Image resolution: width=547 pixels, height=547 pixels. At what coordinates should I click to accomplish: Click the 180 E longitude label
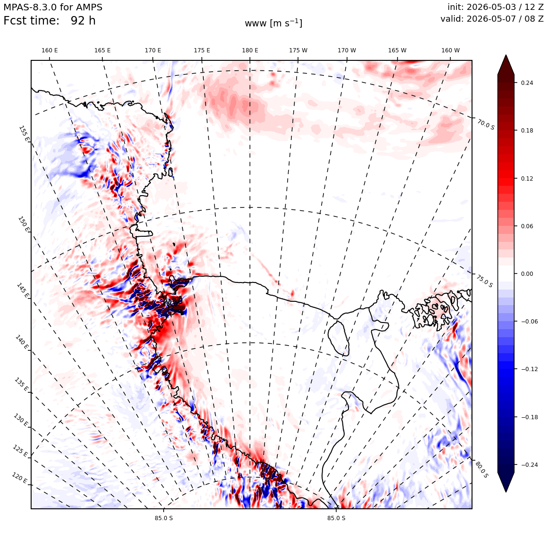[x=250, y=50]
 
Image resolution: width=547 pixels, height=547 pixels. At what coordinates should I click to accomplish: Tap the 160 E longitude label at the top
[x=50, y=50]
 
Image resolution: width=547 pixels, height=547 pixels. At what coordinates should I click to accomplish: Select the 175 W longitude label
[x=298, y=50]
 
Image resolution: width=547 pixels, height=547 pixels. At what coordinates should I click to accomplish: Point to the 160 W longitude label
[x=450, y=50]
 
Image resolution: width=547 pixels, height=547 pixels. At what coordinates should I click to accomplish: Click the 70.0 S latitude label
[x=486, y=124]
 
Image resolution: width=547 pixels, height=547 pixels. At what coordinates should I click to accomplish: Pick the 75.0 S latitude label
[x=485, y=282]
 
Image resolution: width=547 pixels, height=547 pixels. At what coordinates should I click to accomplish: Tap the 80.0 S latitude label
[x=482, y=470]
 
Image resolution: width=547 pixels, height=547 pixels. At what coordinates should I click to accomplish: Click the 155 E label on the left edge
[x=24, y=133]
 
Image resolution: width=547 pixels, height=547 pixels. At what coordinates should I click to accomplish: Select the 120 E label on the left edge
[x=19, y=478]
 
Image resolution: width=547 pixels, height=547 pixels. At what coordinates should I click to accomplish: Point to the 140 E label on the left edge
[x=22, y=342]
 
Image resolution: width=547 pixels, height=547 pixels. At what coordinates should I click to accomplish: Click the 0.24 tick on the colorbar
[x=527, y=83]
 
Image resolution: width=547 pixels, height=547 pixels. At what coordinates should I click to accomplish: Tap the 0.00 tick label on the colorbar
[x=527, y=274]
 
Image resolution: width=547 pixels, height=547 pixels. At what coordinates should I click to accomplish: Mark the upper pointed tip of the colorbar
[x=506, y=55]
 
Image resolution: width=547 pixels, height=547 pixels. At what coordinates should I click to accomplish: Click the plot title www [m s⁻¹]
[x=273, y=24]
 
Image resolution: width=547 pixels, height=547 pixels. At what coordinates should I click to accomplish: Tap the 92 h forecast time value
[x=83, y=21]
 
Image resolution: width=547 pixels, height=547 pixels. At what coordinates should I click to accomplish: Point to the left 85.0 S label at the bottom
[x=164, y=518]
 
